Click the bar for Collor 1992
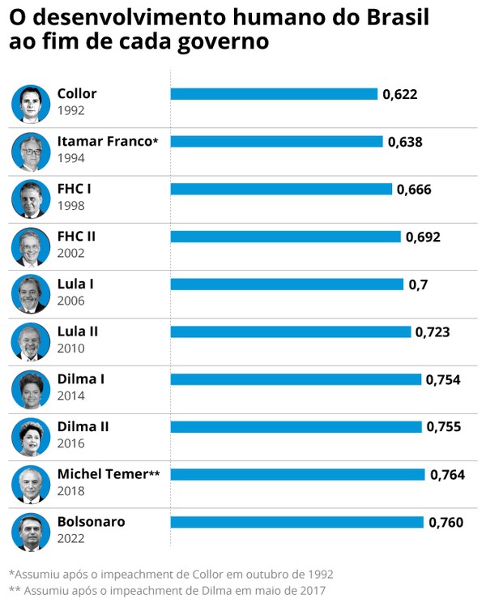pos(274,94)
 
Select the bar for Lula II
pos(290,331)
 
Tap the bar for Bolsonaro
pos(296,522)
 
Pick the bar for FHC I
pos(281,189)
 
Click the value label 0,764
pos(447,475)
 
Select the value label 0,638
pos(405,142)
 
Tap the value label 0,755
pos(444,427)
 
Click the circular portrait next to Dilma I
pos(31,389)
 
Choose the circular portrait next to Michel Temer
pos(31,484)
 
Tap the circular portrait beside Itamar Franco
pos(31,151)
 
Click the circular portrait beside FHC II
pos(31,246)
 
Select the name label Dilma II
pos(83,426)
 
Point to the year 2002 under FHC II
pos(70,253)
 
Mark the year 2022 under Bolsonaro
pos(70,538)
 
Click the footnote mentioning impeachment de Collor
pos(170,574)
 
